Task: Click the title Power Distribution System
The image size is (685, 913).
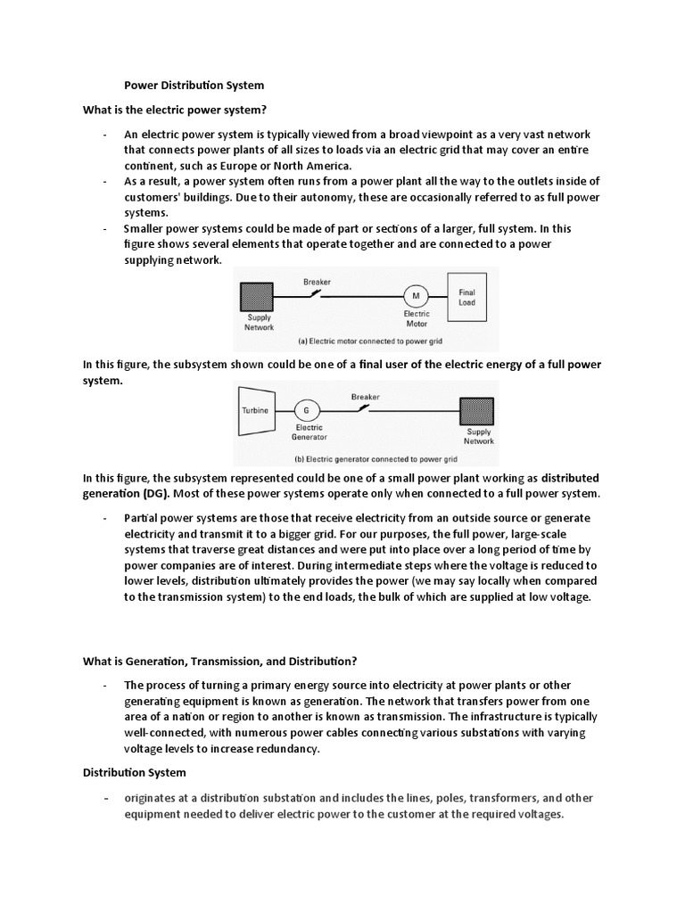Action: click(x=194, y=86)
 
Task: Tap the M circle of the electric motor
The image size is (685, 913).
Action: click(x=415, y=295)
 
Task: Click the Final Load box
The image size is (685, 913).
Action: click(x=466, y=297)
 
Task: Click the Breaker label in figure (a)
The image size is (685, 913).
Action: click(x=317, y=282)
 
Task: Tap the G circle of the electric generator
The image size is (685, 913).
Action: click(x=308, y=410)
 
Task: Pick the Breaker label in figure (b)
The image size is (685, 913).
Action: click(x=366, y=396)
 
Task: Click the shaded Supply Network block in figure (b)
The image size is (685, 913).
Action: click(x=477, y=412)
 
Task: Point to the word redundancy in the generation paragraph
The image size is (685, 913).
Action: click(x=290, y=749)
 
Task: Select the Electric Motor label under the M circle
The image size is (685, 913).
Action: click(x=416, y=318)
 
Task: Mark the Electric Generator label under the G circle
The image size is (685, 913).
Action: click(x=309, y=432)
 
